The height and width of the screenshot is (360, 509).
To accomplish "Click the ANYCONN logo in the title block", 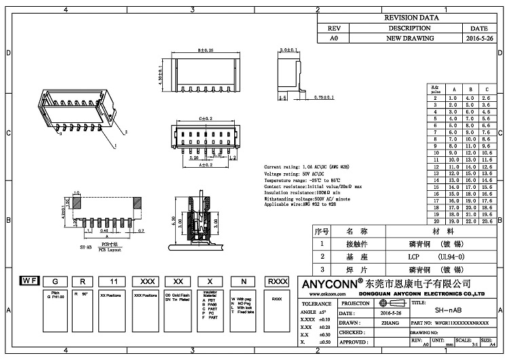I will [x=336, y=283].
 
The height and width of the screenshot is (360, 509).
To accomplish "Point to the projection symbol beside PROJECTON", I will [x=386, y=303].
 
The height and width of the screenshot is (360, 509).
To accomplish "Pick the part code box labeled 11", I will [x=114, y=281].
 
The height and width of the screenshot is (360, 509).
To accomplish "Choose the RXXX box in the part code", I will [x=276, y=281].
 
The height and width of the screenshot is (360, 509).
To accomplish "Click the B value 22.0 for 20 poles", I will [x=470, y=221].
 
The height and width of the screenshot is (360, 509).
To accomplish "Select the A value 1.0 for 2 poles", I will [x=453, y=99].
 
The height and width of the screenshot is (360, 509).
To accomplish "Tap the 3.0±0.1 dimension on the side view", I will [x=288, y=50].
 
